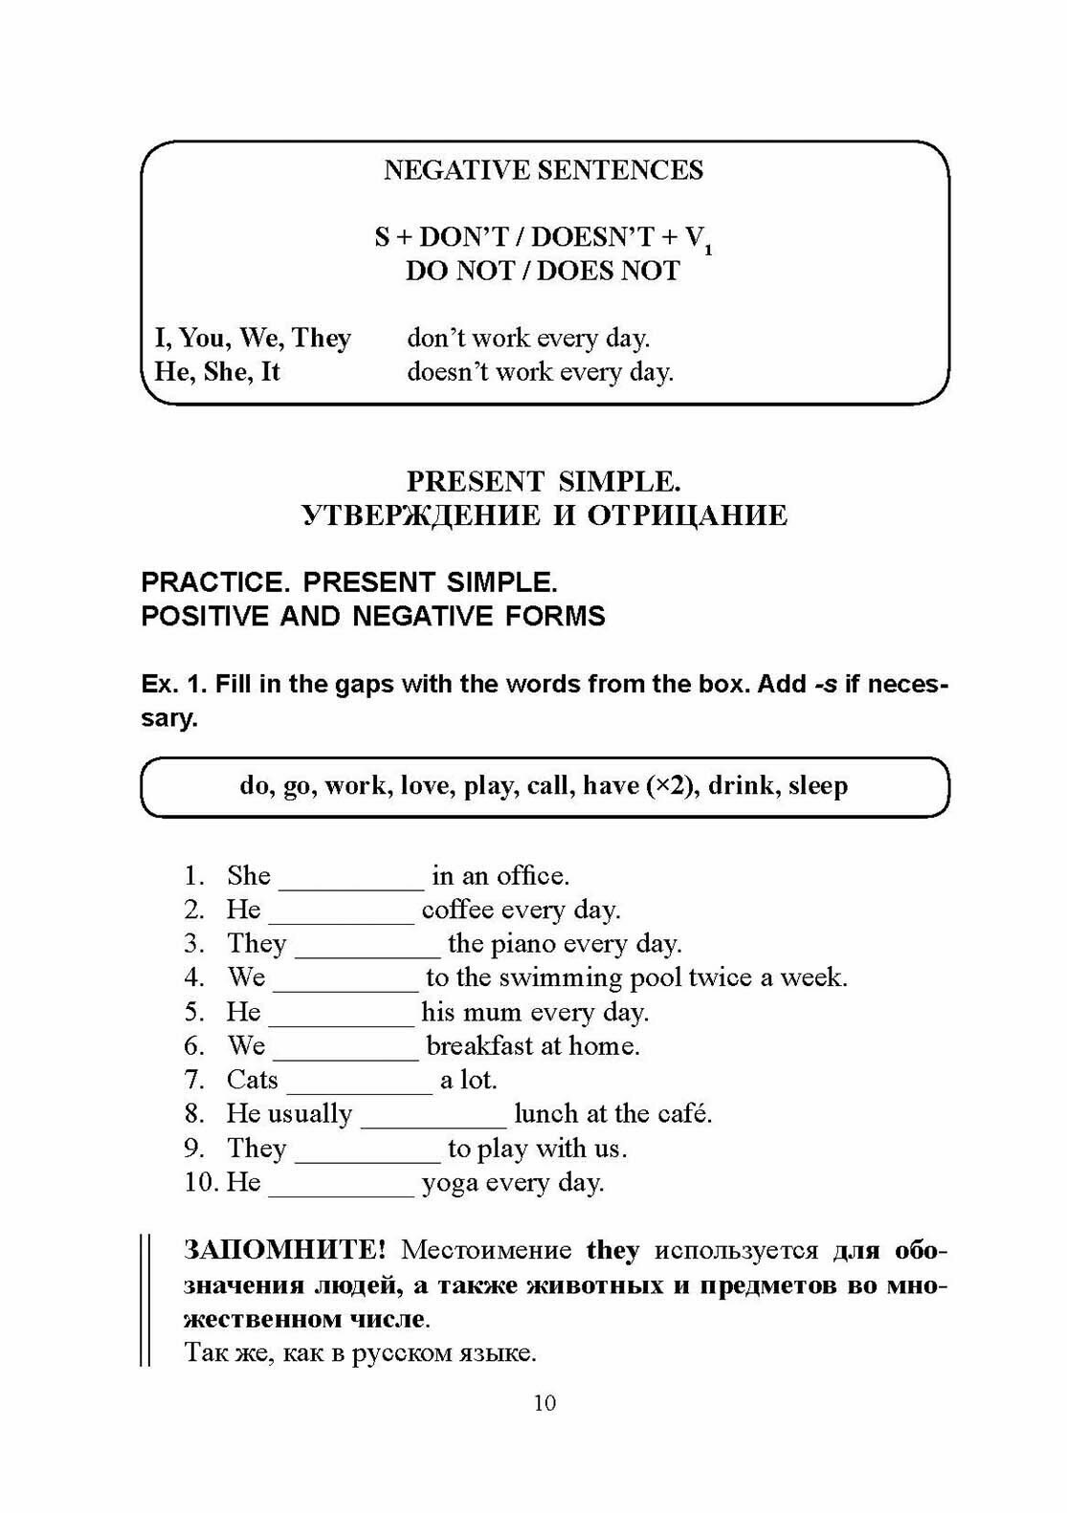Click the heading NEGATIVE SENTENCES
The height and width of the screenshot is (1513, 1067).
(x=543, y=170)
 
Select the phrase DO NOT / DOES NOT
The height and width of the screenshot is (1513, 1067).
(x=543, y=271)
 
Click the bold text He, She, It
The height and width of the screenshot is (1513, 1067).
(x=217, y=371)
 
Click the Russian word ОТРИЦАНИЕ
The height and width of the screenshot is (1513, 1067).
(x=687, y=515)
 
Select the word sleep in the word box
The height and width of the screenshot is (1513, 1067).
(x=818, y=786)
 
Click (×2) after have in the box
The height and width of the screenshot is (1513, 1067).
(x=669, y=786)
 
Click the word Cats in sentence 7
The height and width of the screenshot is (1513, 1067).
(x=252, y=1080)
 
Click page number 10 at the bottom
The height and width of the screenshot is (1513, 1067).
(x=545, y=1403)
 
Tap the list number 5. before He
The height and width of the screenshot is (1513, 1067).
(x=195, y=1012)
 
